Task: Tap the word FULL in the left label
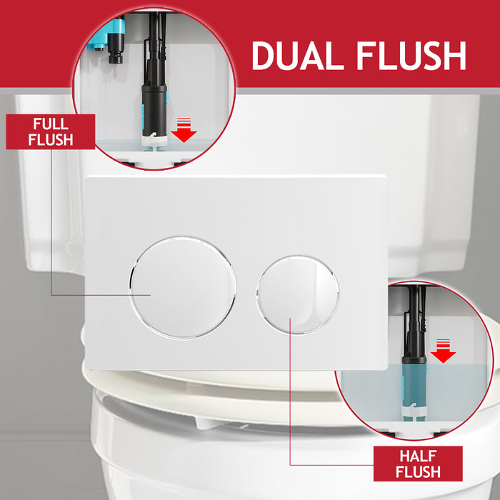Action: (x=50, y=124)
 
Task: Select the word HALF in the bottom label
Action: (x=420, y=455)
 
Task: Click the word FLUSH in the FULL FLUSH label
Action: (x=50, y=139)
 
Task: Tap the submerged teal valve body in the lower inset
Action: (x=412, y=389)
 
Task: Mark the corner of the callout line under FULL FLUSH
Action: (x=51, y=294)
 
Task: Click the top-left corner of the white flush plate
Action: (x=86, y=176)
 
